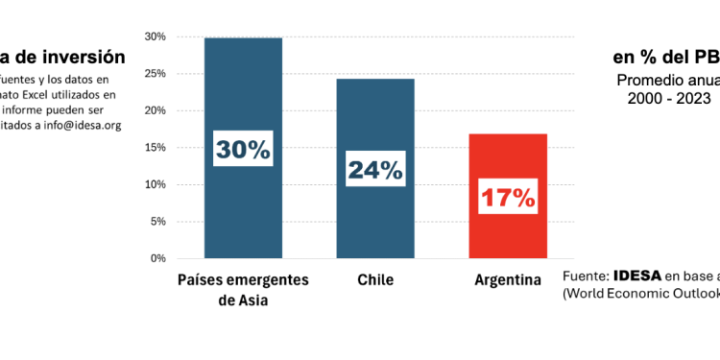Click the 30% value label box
(x=243, y=150)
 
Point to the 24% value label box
(x=375, y=170)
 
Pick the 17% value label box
(x=507, y=199)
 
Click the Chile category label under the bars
(x=374, y=280)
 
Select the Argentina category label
(x=507, y=280)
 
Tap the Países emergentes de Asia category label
(x=243, y=289)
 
